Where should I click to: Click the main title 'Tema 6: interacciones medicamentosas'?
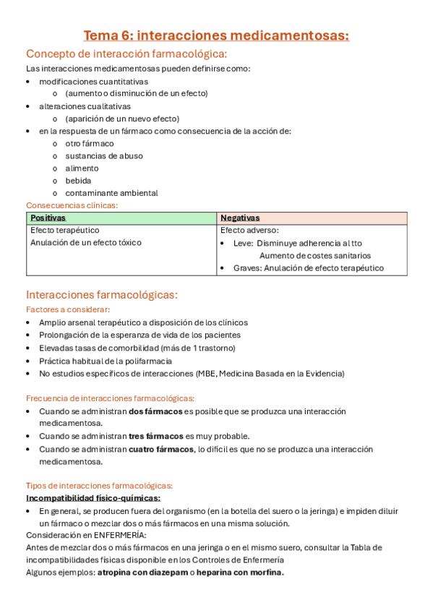[x=216, y=35]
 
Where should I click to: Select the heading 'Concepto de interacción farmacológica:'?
[x=127, y=54]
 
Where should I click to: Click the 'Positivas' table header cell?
[x=48, y=218]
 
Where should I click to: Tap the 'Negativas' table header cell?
[x=240, y=218]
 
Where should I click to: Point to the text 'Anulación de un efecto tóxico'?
[x=86, y=243]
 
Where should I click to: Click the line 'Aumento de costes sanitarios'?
[x=314, y=255]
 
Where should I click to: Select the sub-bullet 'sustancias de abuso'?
[x=103, y=155]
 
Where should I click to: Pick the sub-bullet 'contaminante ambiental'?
[x=111, y=193]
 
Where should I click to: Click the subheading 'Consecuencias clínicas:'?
[x=72, y=205]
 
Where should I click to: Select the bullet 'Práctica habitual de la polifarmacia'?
[x=106, y=361]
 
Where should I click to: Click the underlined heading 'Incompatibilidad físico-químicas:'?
[x=93, y=498]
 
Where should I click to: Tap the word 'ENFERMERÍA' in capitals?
[x=120, y=536]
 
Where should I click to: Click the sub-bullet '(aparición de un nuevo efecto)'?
[x=121, y=119]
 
